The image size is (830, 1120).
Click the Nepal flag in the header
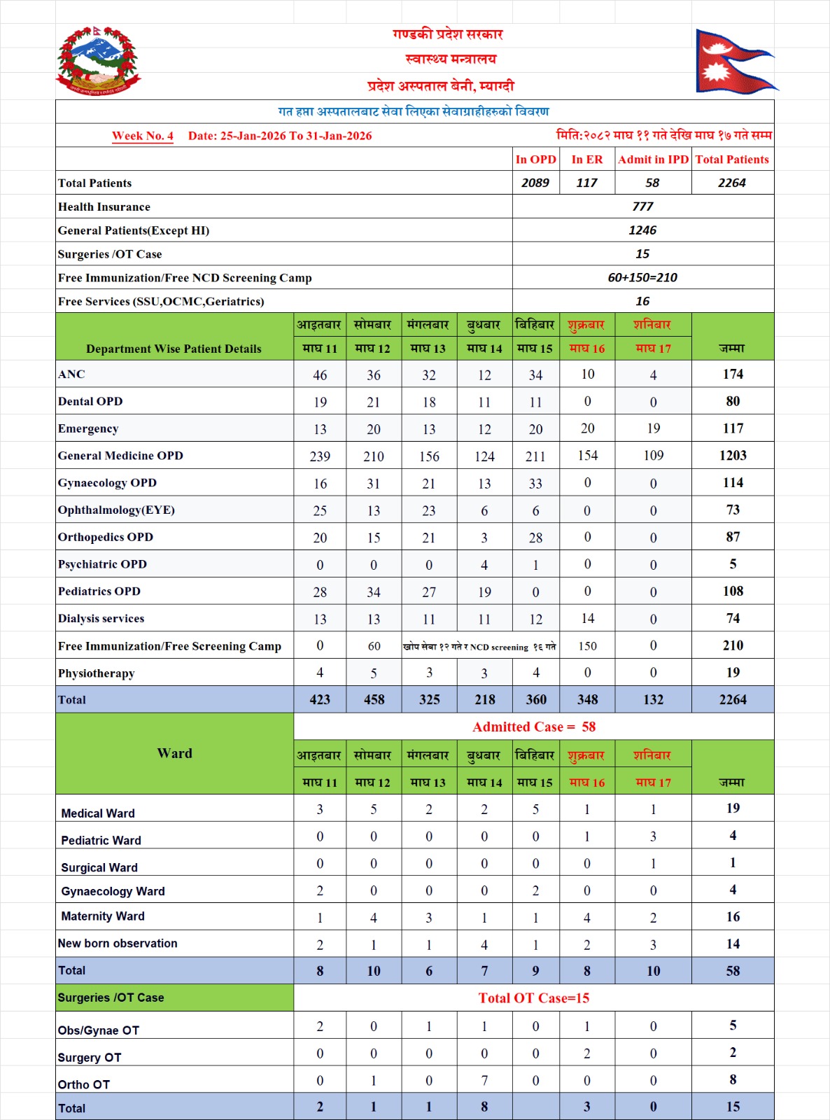pos(735,62)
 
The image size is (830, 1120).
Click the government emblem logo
pos(98,62)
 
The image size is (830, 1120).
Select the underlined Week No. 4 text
pos(143,136)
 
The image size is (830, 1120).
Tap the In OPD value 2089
pos(535,183)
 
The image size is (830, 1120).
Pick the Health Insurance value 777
pos(642,206)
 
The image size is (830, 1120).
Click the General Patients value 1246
pos(642,230)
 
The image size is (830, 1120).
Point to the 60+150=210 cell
pos(642,278)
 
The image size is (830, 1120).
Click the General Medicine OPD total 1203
pos(733,456)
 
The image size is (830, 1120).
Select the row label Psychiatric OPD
pos(102,564)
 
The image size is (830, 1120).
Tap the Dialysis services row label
pos(101,619)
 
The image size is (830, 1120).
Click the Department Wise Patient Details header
pos(174,349)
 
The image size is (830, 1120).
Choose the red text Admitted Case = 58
pos(534,727)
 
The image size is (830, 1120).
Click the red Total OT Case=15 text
pos(534,998)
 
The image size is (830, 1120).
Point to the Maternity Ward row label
pos(103,916)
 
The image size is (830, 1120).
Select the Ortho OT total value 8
pos(733,1079)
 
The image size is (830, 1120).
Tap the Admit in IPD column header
pos(653,160)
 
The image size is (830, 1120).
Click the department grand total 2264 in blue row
pos(733,699)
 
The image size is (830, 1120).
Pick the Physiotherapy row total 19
pos(733,673)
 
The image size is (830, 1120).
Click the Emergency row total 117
pos(733,428)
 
